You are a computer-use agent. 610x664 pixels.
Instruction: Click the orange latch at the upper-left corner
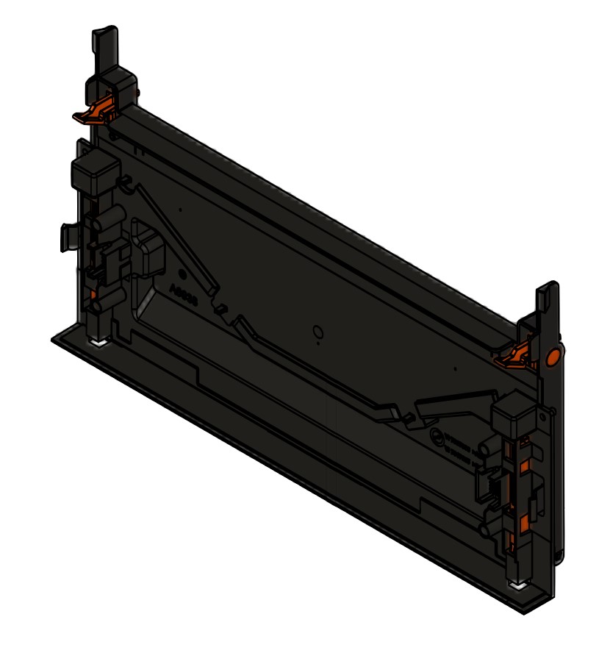pyautogui.click(x=93, y=113)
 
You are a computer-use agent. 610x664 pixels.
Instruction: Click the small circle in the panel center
pyautogui.click(x=317, y=332)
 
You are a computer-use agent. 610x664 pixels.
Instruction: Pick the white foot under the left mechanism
pyautogui.click(x=98, y=343)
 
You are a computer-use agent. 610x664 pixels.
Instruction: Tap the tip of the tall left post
pyautogui.click(x=104, y=34)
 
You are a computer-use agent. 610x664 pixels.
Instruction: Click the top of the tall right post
pyautogui.click(x=548, y=288)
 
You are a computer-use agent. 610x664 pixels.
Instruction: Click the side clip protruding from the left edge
pyautogui.click(x=68, y=238)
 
